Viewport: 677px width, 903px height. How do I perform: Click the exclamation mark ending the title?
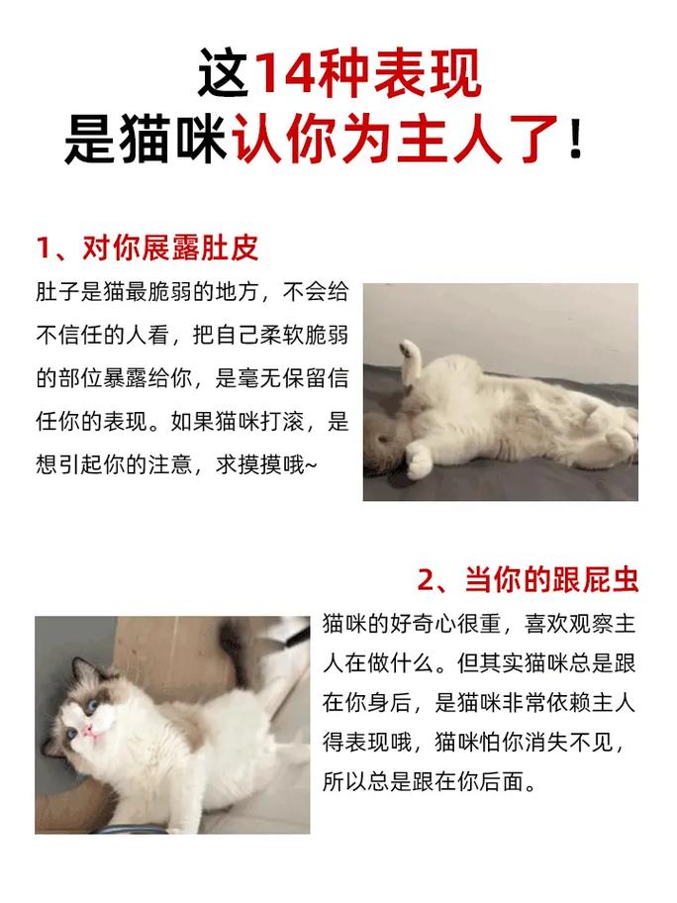(x=575, y=139)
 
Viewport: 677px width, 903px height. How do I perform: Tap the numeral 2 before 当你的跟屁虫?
(x=427, y=579)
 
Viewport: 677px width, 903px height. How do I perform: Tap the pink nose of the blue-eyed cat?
(x=88, y=731)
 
